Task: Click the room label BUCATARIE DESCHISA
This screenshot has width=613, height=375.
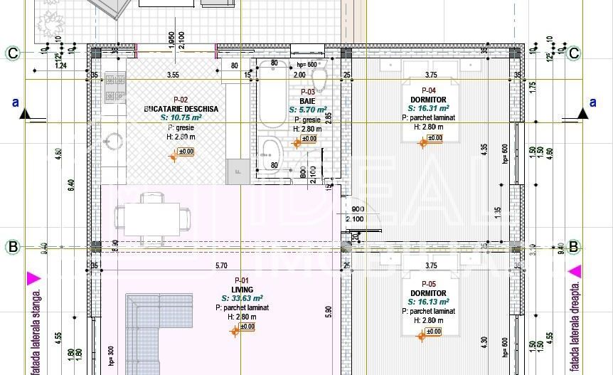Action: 181,109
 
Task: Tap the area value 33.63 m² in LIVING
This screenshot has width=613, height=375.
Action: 242,299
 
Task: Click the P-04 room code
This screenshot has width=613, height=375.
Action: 429,90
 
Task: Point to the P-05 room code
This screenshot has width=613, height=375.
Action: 429,284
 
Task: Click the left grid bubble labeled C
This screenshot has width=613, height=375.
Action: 13,53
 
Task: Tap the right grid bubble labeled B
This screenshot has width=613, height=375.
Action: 574,248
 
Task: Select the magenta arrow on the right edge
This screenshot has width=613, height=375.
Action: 575,271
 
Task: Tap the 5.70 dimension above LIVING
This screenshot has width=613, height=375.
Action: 222,266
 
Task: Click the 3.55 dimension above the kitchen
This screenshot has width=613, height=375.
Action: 173,74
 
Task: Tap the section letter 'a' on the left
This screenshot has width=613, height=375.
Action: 15,102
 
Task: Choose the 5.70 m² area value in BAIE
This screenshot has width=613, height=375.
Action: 306,110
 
